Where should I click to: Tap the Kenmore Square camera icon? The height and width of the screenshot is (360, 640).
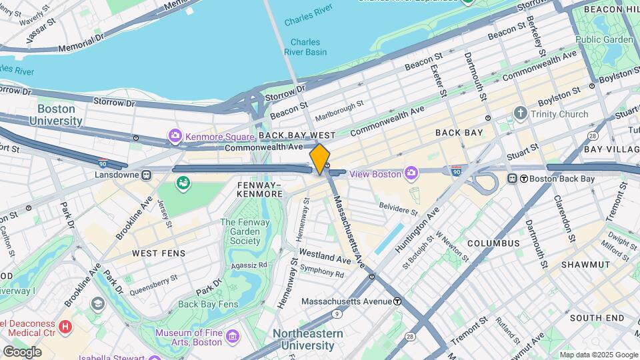[175, 137]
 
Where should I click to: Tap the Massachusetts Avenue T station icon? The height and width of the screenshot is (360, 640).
[397, 301]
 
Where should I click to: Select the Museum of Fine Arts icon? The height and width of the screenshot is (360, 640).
[232, 335]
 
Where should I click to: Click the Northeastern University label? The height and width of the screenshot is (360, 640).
[307, 339]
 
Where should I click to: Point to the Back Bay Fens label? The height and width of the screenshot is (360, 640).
[208, 304]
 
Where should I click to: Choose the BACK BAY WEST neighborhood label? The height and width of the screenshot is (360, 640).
[297, 135]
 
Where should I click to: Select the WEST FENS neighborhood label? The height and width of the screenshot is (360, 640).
[159, 253]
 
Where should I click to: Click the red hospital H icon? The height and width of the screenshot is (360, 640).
[65, 327]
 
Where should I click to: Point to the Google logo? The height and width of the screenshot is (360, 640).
[22, 351]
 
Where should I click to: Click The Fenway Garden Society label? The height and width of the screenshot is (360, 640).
[240, 231]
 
